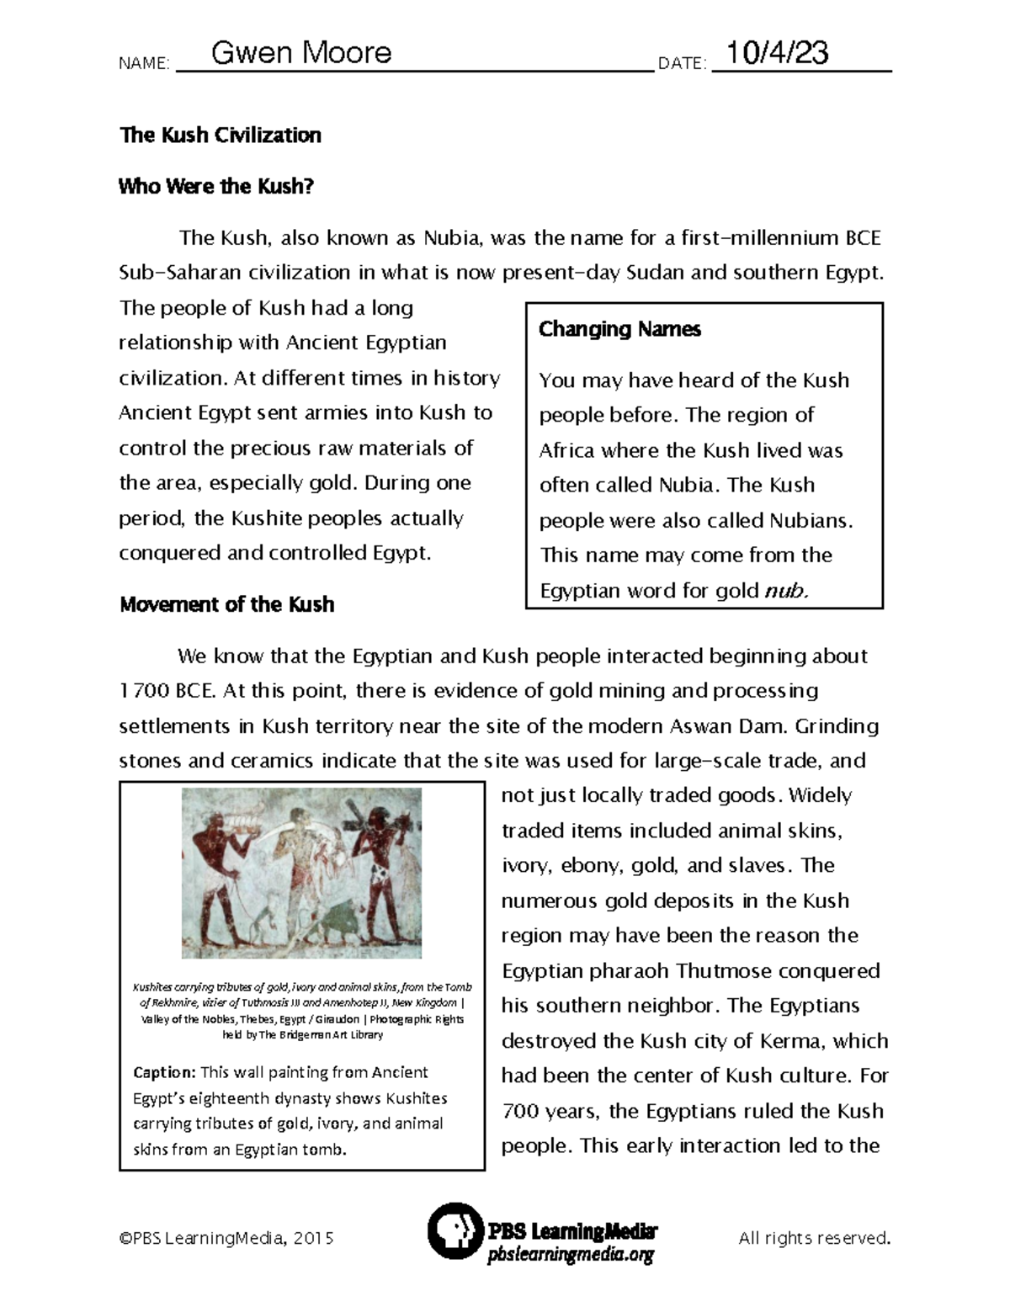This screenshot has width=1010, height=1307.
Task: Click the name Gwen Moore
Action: coord(300,53)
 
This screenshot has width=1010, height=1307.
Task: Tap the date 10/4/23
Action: coord(777,53)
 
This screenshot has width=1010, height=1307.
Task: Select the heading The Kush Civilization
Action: coord(221,135)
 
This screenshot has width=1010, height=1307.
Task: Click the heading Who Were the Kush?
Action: coord(216,186)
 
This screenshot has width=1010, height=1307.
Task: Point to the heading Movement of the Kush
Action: coord(226,604)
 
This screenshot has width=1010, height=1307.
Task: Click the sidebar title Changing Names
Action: coord(619,329)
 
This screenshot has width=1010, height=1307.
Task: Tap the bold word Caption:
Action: coord(164,1072)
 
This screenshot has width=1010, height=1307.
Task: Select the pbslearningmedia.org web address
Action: coord(571,1256)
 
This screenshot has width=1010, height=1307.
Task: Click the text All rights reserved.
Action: coord(814,1238)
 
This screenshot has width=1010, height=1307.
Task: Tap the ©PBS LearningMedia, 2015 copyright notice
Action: coord(226,1238)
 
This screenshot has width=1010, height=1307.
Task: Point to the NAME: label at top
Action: coord(145,64)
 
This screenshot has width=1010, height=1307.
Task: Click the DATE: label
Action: coord(682,64)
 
